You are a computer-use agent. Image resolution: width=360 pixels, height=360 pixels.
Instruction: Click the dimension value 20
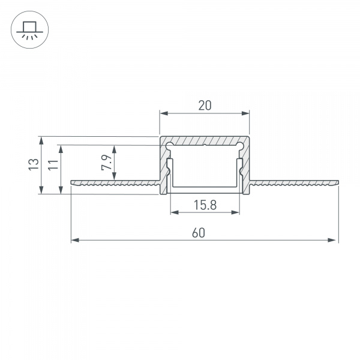[205, 106]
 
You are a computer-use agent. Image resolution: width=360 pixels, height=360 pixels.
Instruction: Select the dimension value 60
[199, 233]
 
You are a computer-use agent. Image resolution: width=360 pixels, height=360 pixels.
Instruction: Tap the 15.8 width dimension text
[205, 205]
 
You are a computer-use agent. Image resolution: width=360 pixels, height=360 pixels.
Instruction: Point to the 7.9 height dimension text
[106, 163]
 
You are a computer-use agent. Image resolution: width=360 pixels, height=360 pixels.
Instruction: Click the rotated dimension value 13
[34, 164]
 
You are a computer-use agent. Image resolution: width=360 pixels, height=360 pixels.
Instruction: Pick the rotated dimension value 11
[53, 164]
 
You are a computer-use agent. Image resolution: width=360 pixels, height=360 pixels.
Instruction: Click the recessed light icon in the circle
[30, 30]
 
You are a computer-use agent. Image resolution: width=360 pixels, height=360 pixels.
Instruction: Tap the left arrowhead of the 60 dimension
[75, 240]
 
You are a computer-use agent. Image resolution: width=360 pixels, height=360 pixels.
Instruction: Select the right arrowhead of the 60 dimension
[332, 240]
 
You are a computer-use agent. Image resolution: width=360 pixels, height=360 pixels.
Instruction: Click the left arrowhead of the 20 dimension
[164, 113]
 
